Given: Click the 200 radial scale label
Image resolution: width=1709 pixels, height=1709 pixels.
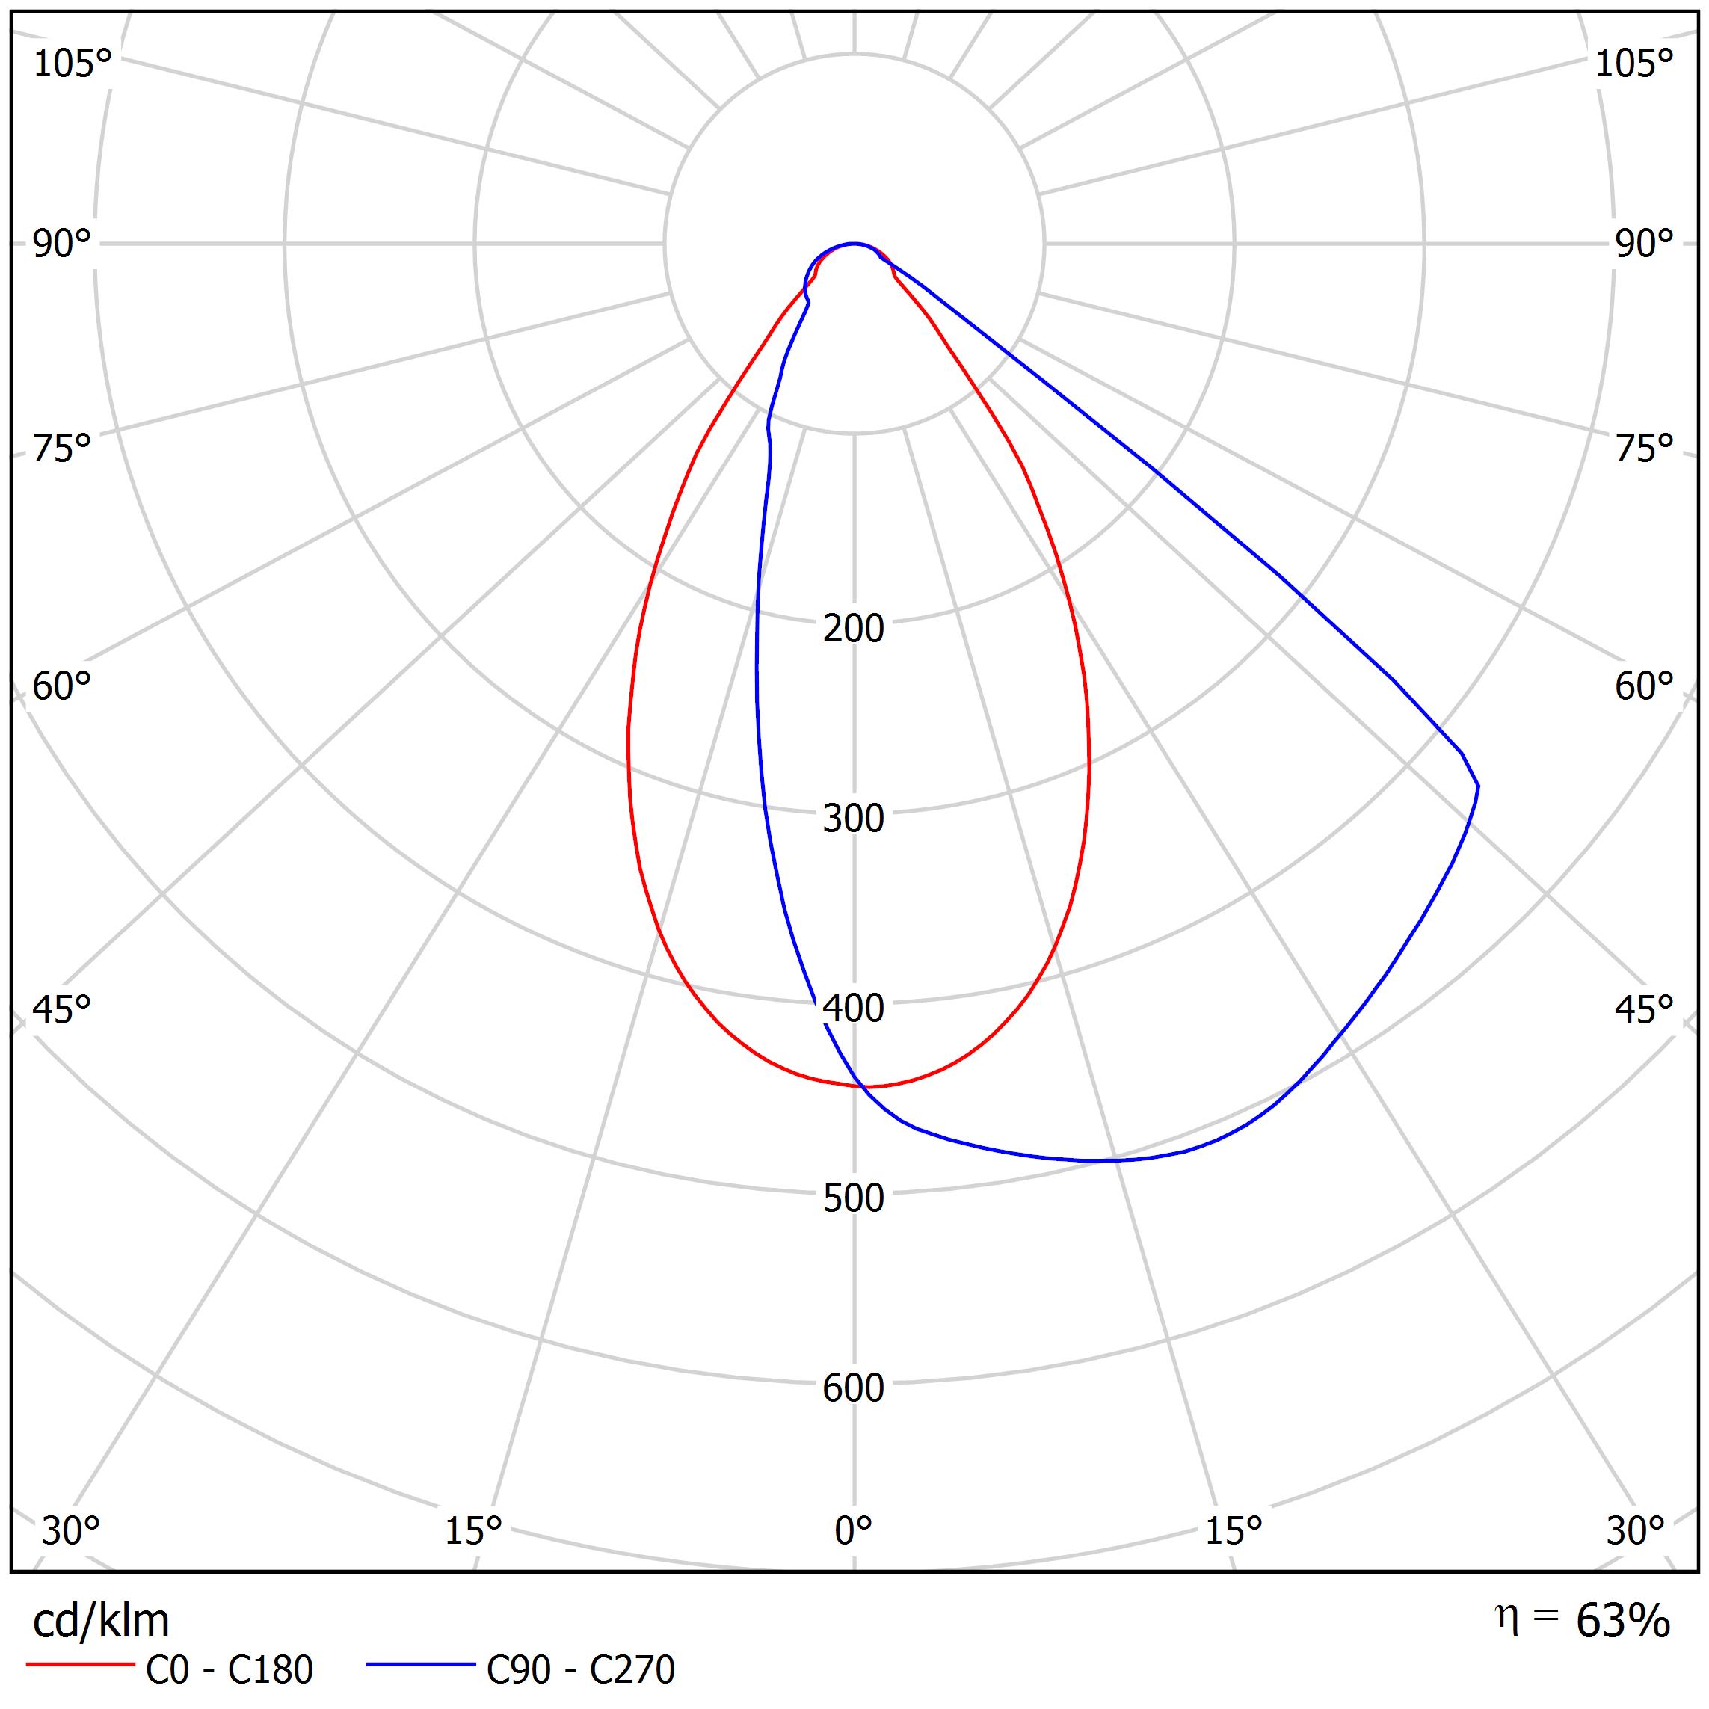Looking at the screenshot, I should point(853,629).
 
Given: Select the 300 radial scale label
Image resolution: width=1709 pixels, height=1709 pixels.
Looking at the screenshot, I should point(853,819).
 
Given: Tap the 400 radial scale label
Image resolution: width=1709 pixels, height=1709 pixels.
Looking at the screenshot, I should point(853,1009).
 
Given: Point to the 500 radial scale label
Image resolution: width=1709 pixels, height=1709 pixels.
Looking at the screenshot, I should point(853,1198).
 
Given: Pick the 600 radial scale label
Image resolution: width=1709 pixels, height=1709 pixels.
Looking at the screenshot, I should point(853,1388).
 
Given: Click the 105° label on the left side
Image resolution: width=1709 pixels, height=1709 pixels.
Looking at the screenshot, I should point(73,64).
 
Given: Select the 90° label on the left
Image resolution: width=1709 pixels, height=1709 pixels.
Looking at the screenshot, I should point(62,244).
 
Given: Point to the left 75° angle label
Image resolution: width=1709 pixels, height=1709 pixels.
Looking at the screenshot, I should point(62,449).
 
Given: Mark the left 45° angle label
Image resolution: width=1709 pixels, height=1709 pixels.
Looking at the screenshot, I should point(62,1010).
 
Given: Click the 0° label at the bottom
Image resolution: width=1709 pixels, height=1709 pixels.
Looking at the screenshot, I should point(853,1530).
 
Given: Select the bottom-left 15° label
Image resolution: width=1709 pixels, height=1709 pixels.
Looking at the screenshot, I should point(473,1530).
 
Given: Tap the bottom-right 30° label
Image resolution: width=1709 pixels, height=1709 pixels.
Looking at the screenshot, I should point(1635,1530).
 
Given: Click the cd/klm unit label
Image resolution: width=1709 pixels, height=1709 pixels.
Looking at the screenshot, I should point(101,1622).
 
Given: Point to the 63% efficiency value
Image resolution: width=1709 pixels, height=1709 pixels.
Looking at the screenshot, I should point(1622,1622).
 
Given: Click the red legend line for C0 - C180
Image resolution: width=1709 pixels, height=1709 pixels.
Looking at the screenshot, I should point(79,1665).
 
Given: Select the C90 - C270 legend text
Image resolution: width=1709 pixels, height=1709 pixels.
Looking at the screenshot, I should point(580,1670).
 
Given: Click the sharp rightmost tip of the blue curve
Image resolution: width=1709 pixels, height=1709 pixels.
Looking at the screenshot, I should point(1477,786).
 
